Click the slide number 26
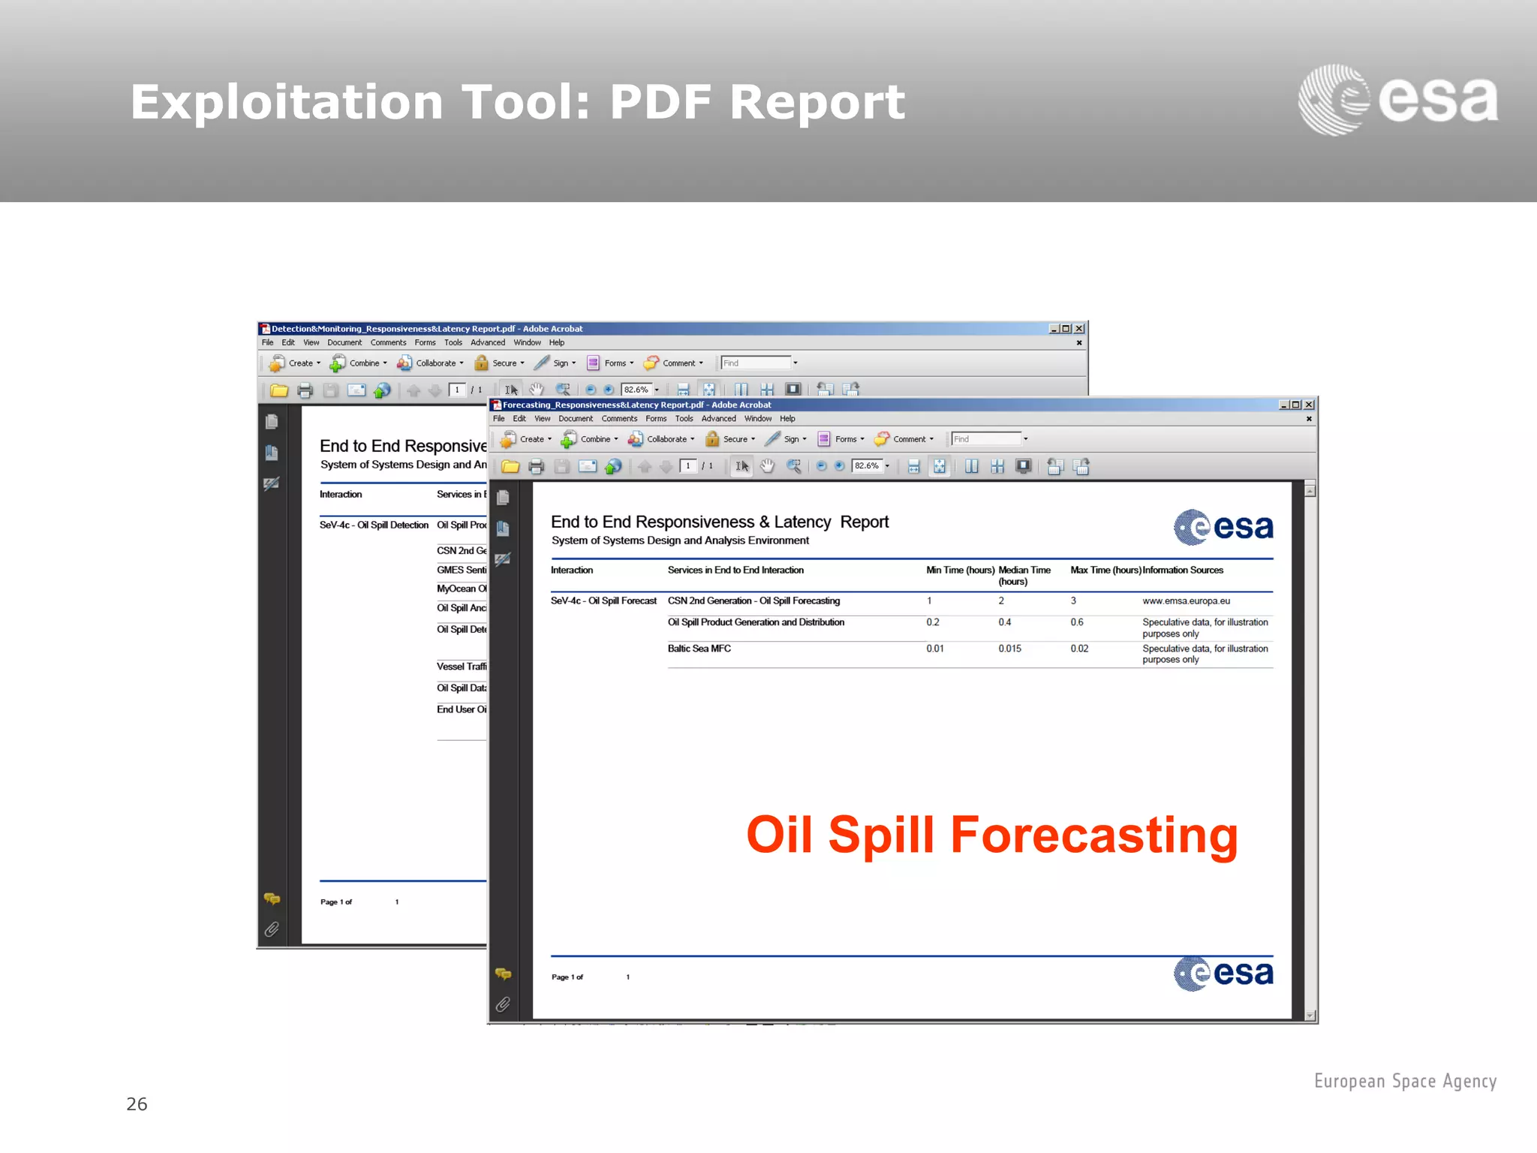[x=137, y=1103]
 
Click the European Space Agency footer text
[x=1405, y=1081]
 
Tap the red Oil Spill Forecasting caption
[x=991, y=835]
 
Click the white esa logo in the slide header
[x=1398, y=100]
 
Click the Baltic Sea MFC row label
[x=699, y=649]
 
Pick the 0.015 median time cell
[x=1009, y=649]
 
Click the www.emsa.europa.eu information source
[x=1186, y=601]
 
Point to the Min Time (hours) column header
[x=960, y=570]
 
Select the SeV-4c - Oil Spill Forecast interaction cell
[x=603, y=601]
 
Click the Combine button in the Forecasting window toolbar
[x=590, y=439]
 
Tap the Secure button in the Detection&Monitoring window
[x=499, y=363]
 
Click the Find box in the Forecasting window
[x=986, y=439]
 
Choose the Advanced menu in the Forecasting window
[x=718, y=419]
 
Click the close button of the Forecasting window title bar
[x=1310, y=405]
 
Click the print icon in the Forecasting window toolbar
[x=536, y=467]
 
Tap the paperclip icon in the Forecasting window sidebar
[x=503, y=1004]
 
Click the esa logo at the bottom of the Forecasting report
[x=1223, y=974]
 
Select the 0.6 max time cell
[x=1077, y=622]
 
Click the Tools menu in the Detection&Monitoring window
[x=453, y=342]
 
